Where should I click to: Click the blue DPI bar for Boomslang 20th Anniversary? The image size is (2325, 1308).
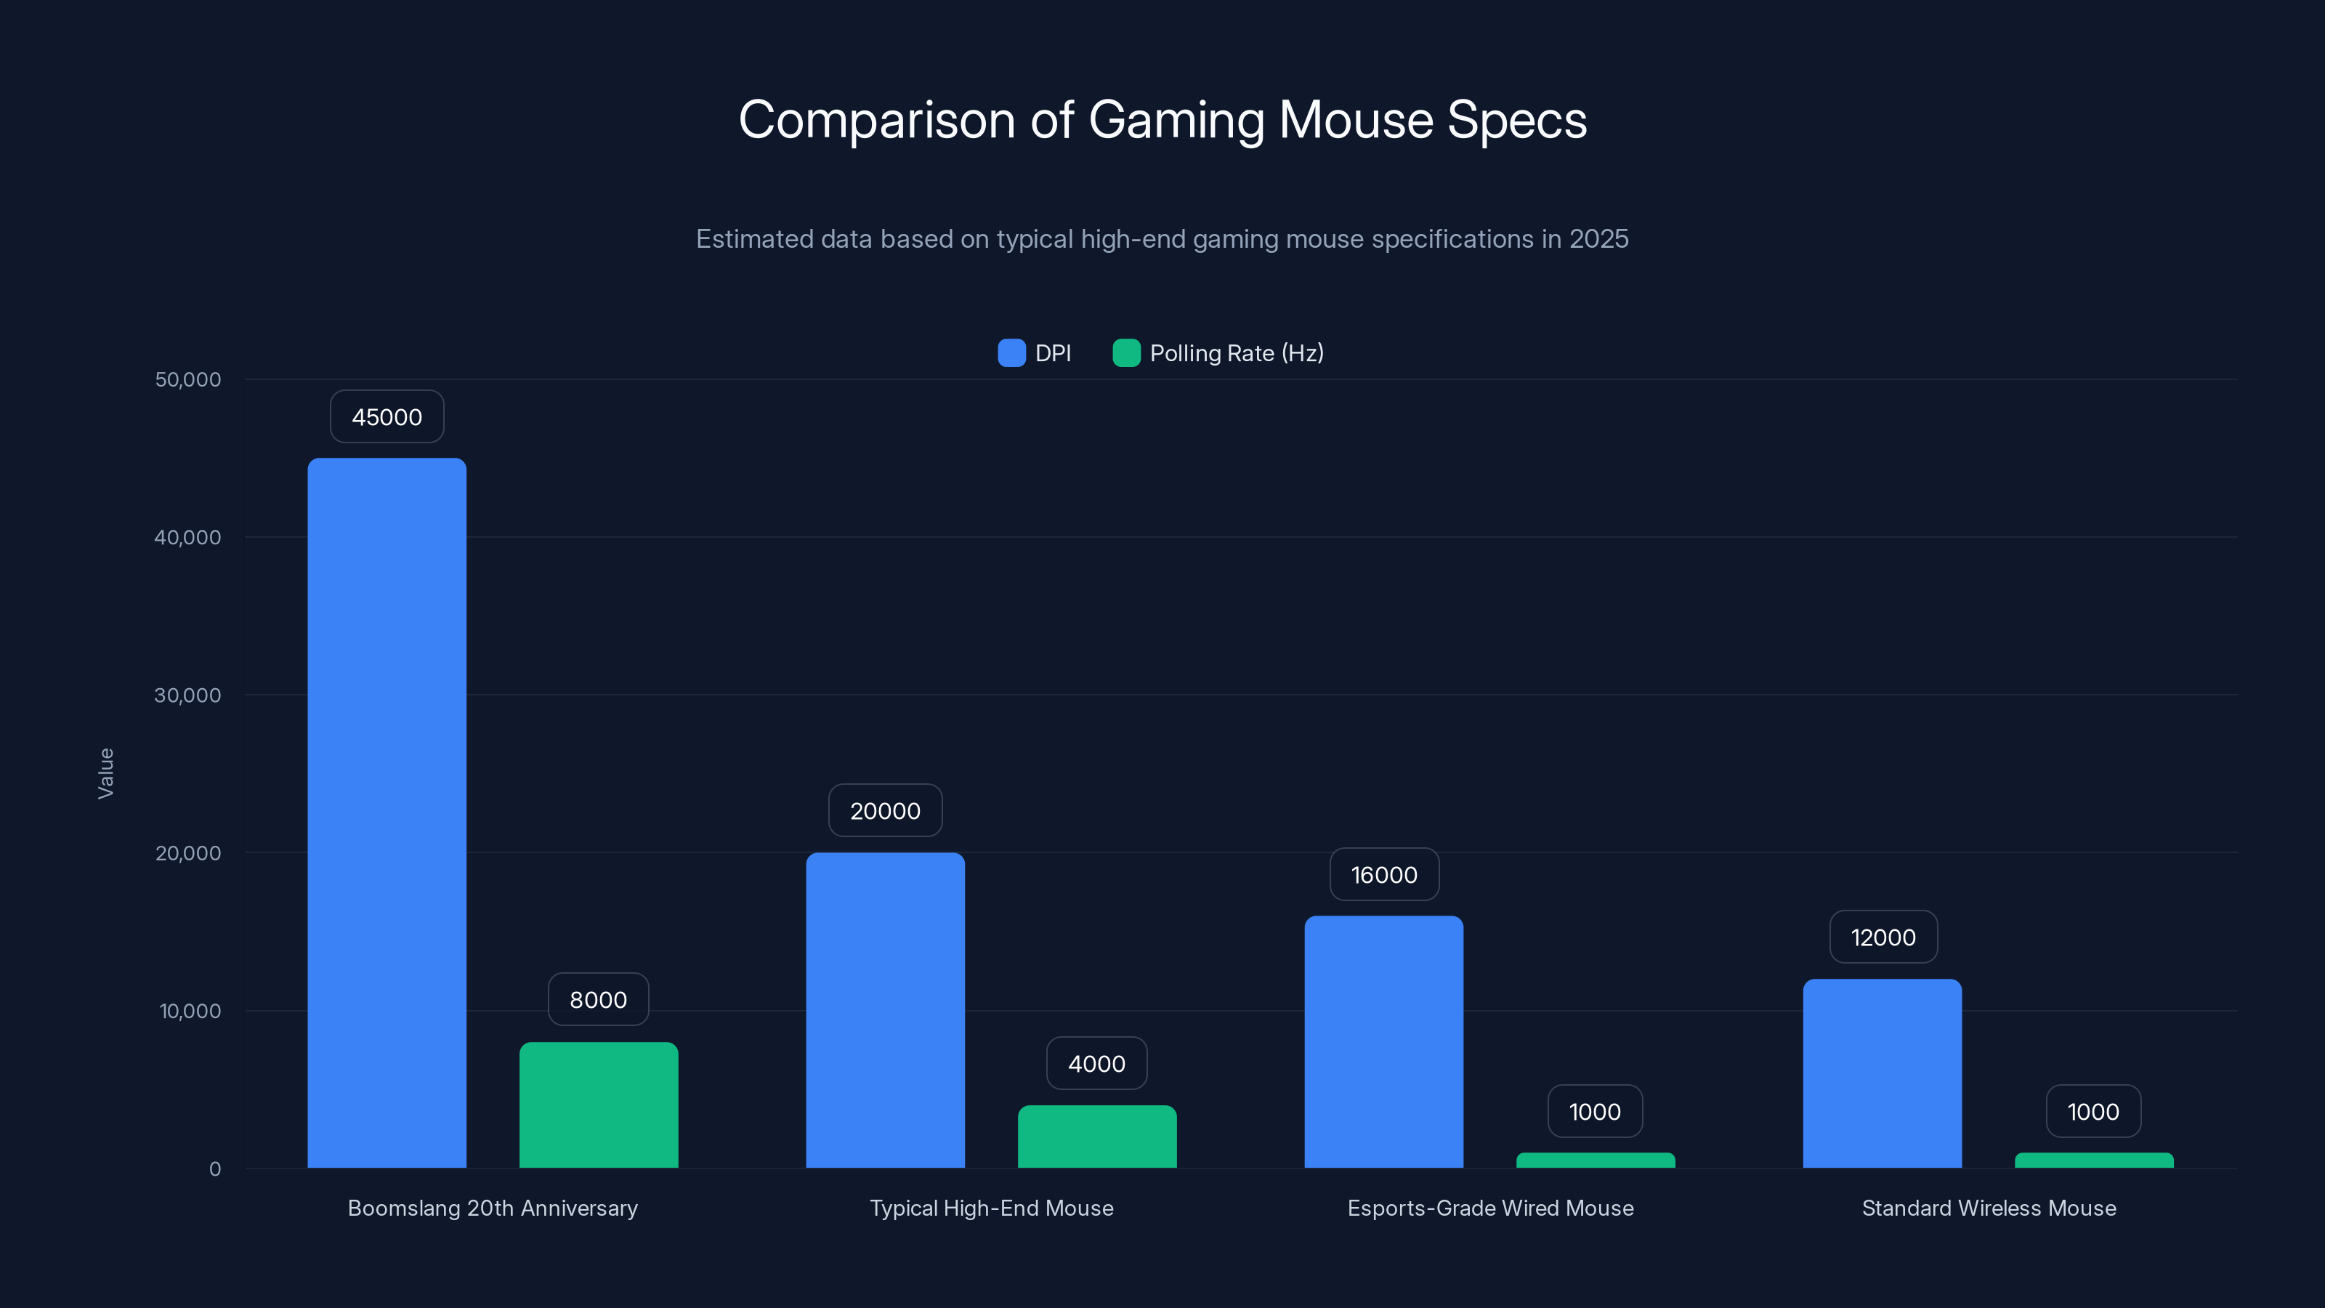387,812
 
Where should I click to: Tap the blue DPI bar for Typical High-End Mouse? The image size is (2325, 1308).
884,1010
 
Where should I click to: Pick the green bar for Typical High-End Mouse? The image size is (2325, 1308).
1096,1137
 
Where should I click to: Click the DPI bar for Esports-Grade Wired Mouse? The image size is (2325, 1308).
1383,1042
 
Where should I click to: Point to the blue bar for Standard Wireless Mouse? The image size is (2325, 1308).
1882,1073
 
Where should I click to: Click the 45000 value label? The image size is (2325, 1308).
387,417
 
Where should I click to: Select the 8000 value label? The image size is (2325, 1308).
599,1000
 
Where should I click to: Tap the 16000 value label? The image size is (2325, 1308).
1383,875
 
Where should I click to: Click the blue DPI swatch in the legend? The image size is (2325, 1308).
1011,353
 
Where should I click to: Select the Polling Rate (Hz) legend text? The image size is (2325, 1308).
1237,353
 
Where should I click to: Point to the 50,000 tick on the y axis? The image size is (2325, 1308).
187,379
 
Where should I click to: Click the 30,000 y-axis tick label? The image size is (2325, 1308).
187,695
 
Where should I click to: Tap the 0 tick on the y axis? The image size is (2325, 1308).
215,1169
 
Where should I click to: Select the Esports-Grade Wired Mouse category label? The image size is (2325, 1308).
1490,1208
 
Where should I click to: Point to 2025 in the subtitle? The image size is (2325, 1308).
1598,238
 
